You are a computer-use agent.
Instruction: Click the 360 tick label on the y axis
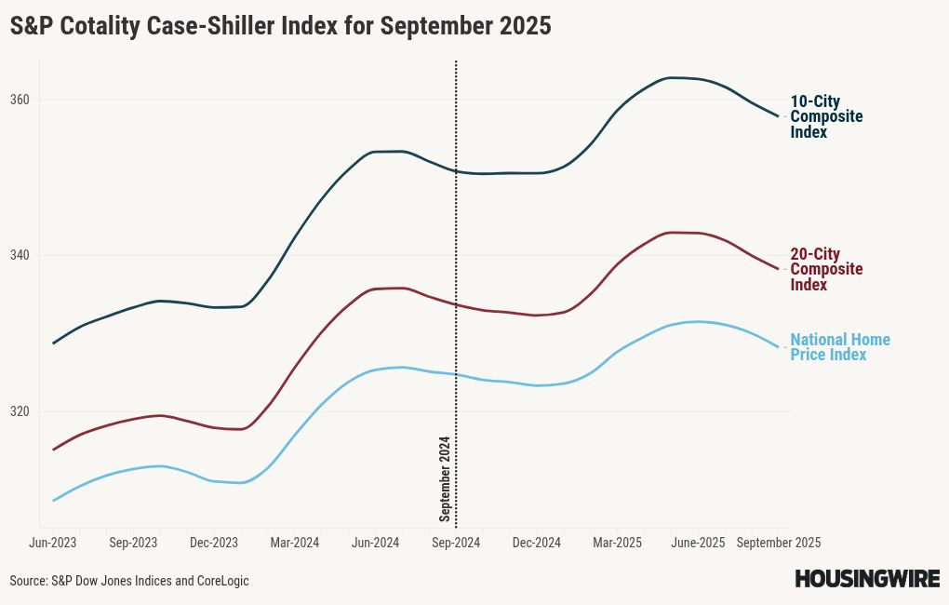click(x=21, y=100)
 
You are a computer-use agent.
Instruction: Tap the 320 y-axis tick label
click(x=21, y=411)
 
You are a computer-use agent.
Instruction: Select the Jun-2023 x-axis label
click(x=53, y=542)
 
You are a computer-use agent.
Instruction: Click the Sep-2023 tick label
click(x=133, y=542)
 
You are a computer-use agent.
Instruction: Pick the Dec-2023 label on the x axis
click(x=214, y=542)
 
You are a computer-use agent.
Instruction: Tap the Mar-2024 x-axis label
click(x=294, y=542)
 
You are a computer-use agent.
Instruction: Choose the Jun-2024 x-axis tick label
click(x=375, y=542)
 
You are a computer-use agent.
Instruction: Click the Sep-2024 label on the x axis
click(x=456, y=542)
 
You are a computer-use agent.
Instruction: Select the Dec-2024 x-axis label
click(x=537, y=542)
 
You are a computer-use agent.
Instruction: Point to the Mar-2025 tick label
click(x=618, y=542)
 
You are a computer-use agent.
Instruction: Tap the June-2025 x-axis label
click(x=698, y=542)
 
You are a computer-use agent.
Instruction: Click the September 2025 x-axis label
click(x=779, y=542)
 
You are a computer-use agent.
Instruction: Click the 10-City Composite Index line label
click(x=826, y=116)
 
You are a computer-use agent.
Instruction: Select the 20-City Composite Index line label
click(x=826, y=269)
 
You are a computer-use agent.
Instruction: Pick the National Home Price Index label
click(x=839, y=347)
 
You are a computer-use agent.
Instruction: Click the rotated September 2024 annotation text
click(x=445, y=478)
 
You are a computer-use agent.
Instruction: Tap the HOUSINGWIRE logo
click(x=866, y=579)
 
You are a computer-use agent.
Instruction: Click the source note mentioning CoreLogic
click(x=129, y=581)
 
